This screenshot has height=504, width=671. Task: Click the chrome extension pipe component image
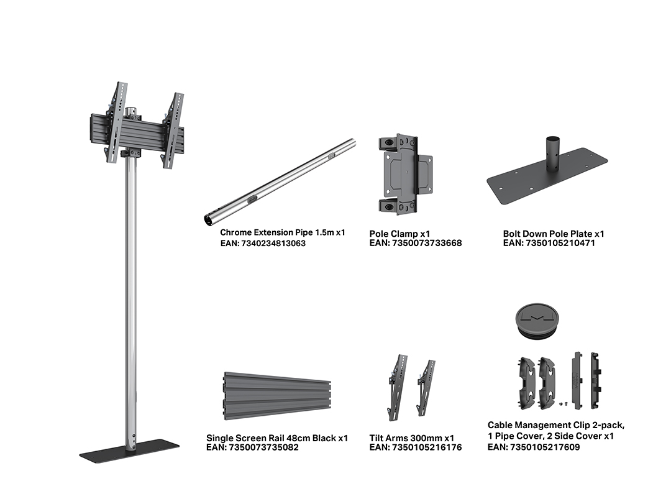pyautogui.click(x=280, y=181)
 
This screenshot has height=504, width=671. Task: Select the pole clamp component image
pyautogui.click(x=405, y=174)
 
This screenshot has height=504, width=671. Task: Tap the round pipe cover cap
pyautogui.click(x=537, y=321)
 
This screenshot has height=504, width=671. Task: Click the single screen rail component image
pyautogui.click(x=277, y=396)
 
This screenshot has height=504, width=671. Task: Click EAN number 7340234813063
pyautogui.click(x=273, y=244)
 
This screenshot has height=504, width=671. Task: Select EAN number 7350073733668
pyautogui.click(x=427, y=243)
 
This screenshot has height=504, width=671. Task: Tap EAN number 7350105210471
pyautogui.click(x=560, y=243)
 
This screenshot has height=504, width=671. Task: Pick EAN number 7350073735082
pyautogui.click(x=263, y=447)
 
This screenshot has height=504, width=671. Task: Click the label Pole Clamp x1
pyautogui.click(x=399, y=234)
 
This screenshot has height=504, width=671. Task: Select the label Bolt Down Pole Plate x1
pyautogui.click(x=554, y=234)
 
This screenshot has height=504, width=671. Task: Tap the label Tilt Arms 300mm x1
pyautogui.click(x=412, y=438)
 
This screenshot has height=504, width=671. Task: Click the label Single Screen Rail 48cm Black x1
pyautogui.click(x=277, y=438)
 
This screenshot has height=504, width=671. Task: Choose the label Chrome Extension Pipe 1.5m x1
pyautogui.click(x=283, y=232)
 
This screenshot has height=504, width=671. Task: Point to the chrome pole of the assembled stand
pyautogui.click(x=131, y=300)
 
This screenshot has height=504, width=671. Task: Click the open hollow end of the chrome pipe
pyautogui.click(x=208, y=219)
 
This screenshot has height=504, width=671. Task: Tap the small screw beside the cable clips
pyautogui.click(x=562, y=403)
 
